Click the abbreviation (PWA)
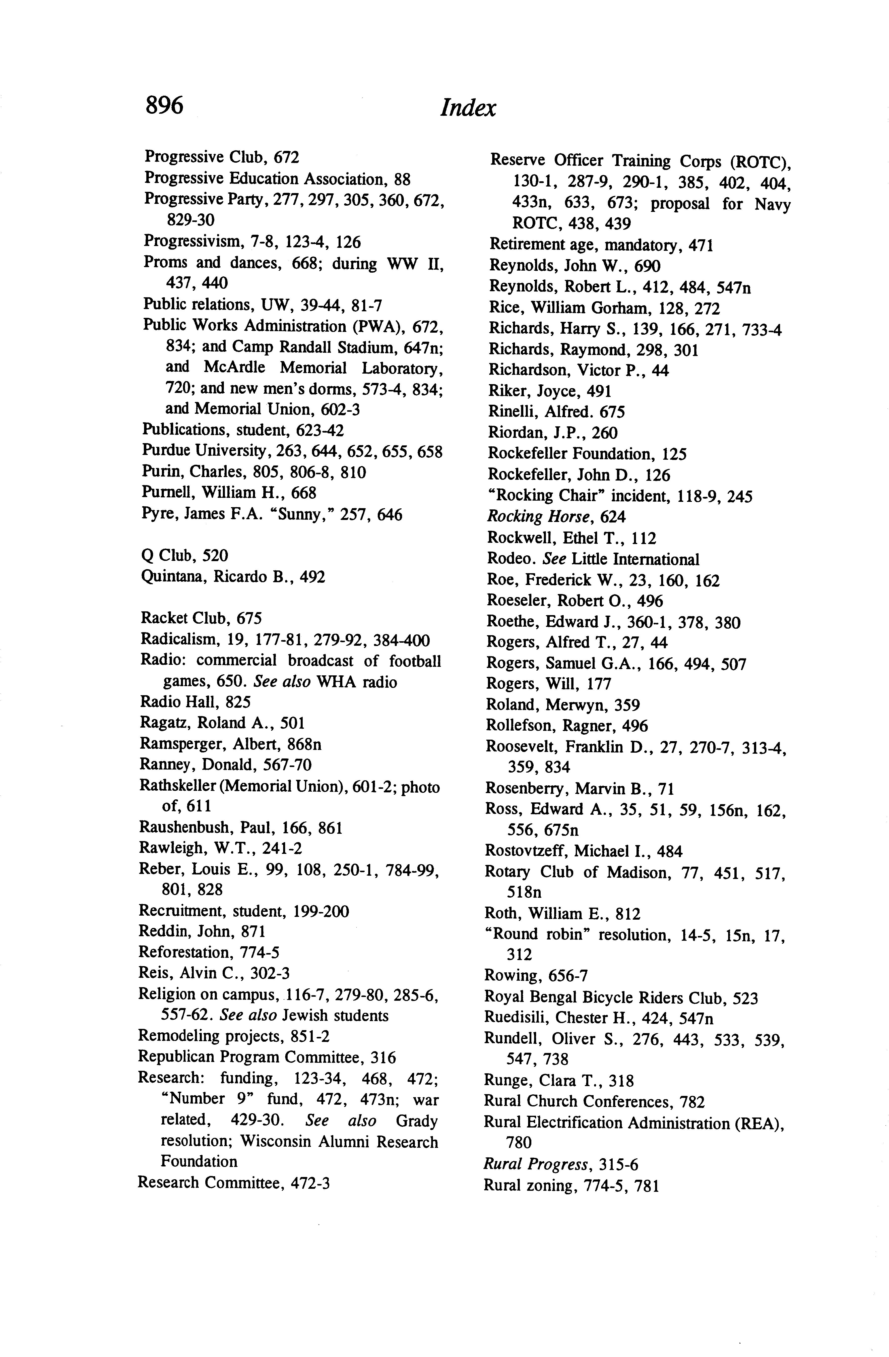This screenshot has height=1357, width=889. click(381, 326)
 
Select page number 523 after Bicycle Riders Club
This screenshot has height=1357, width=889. click(745, 998)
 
